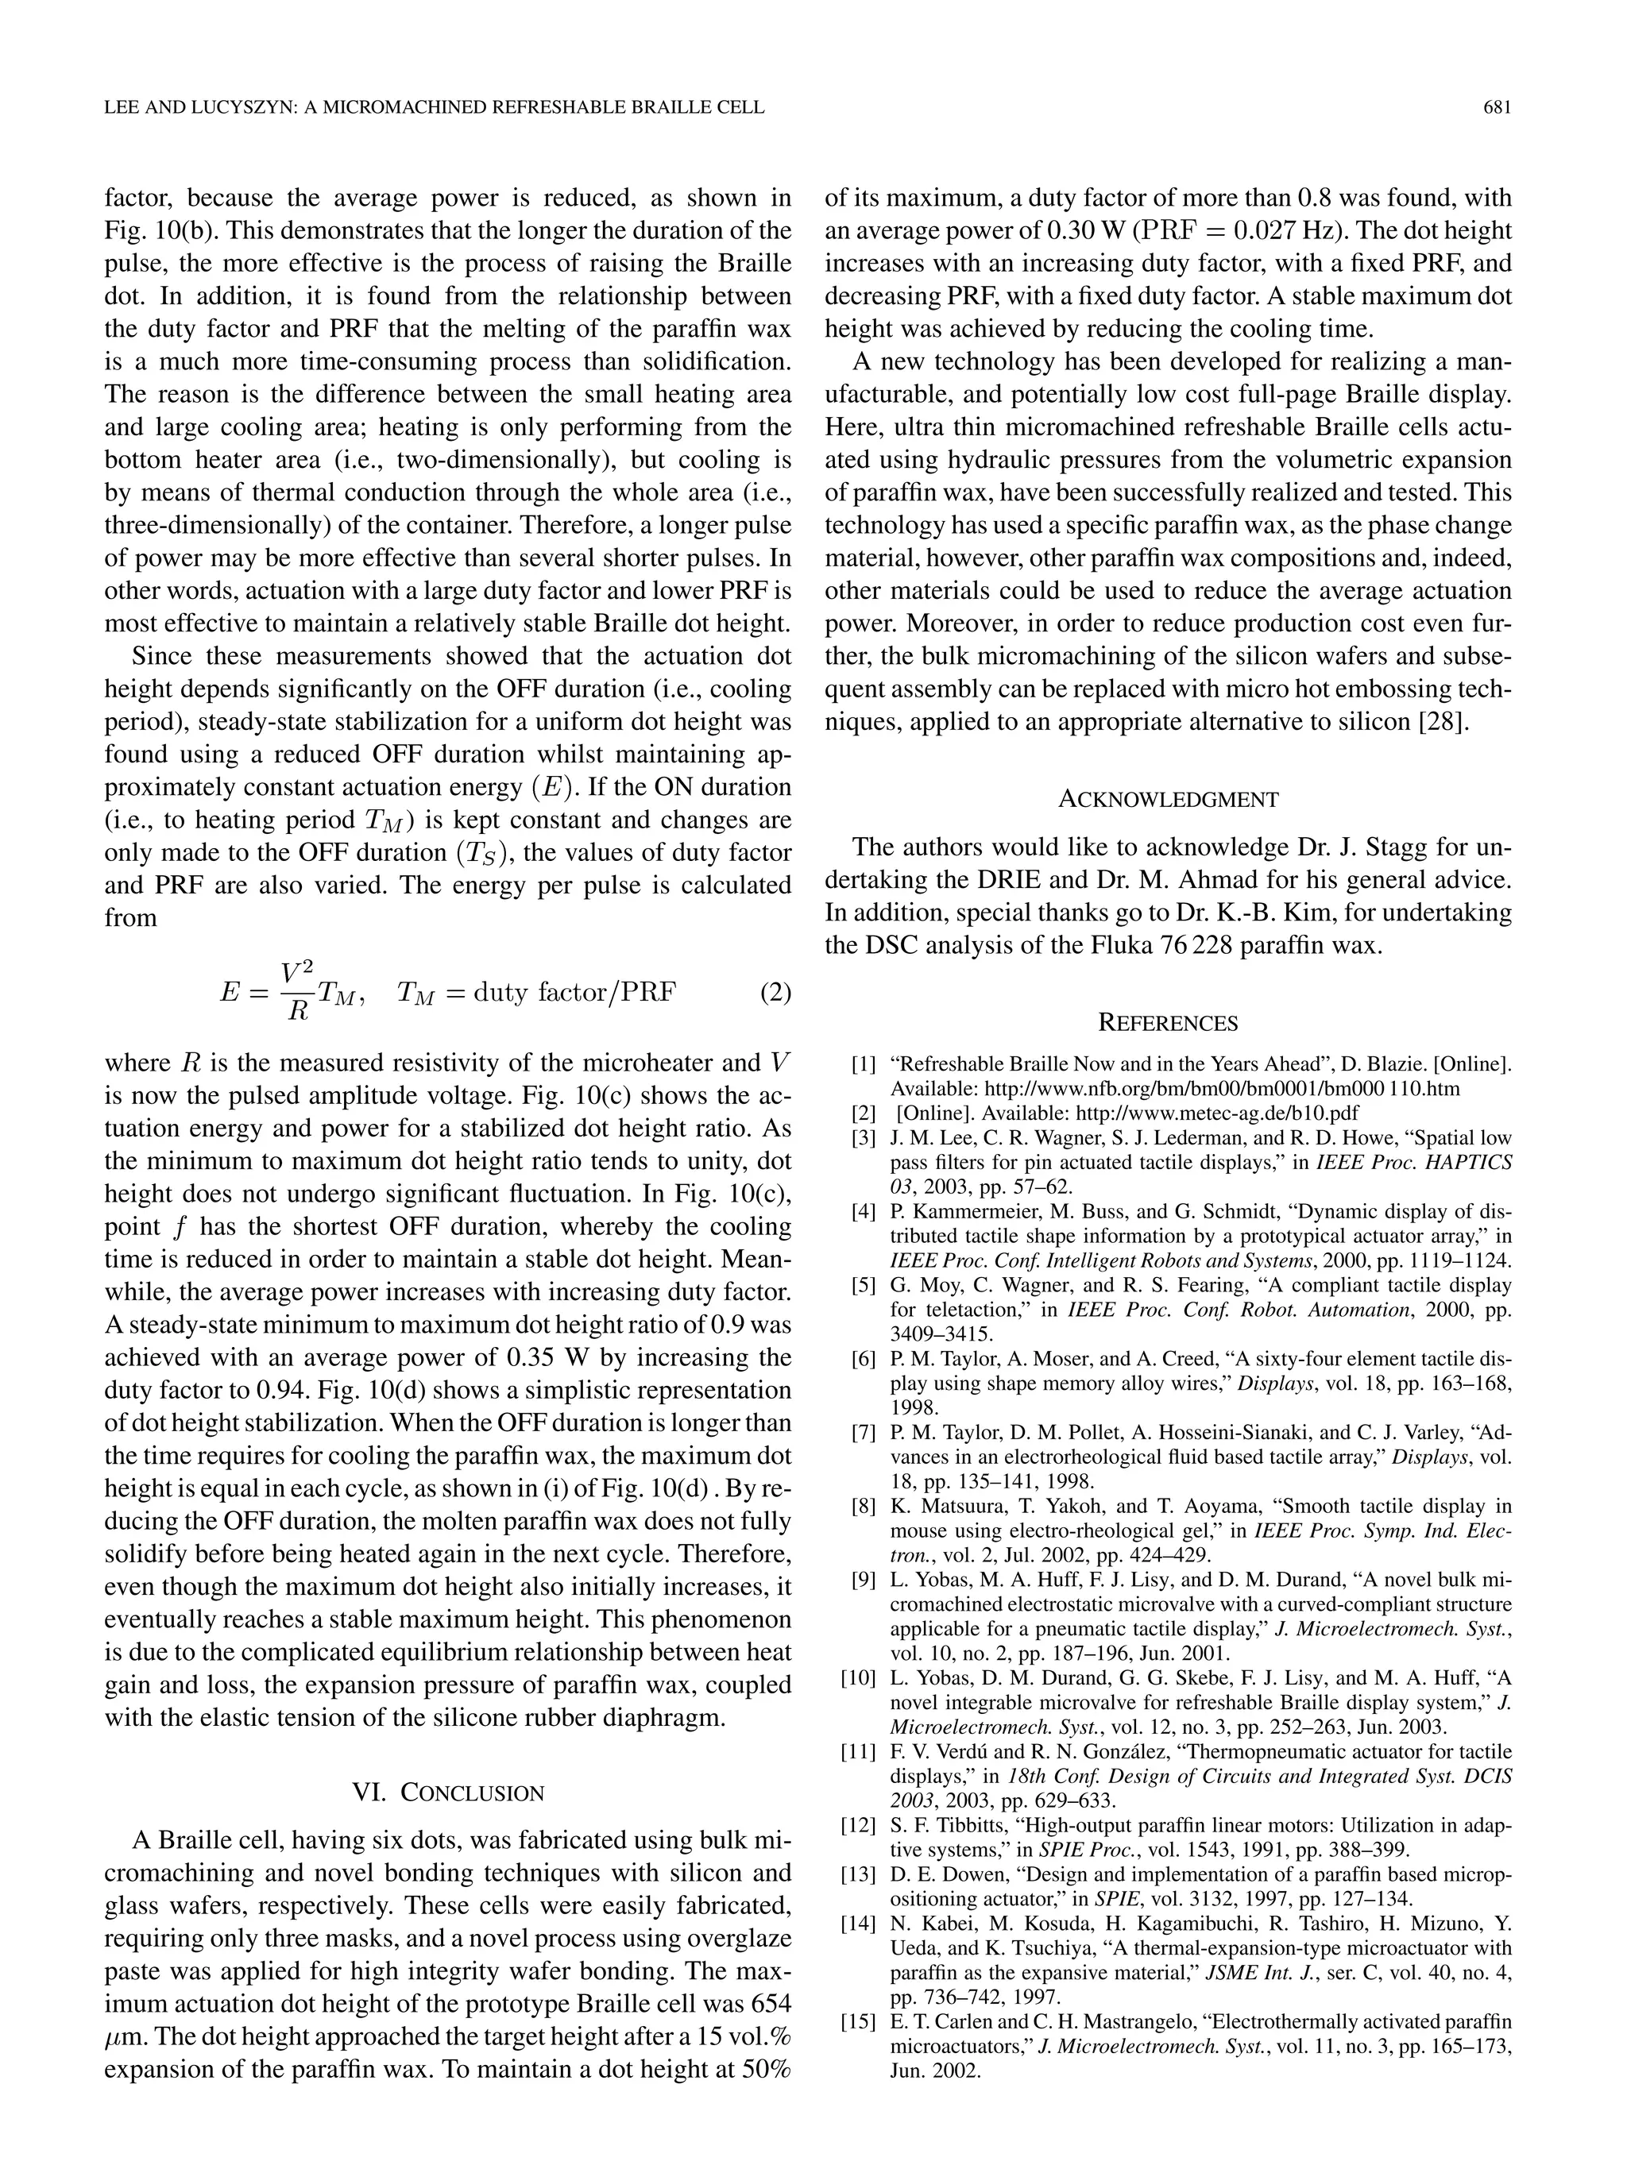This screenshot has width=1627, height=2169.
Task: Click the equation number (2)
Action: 775,992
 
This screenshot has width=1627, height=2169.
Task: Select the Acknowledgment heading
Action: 1168,799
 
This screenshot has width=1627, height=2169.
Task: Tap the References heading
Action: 1168,1024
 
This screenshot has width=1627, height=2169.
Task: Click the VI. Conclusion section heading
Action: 447,1793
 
